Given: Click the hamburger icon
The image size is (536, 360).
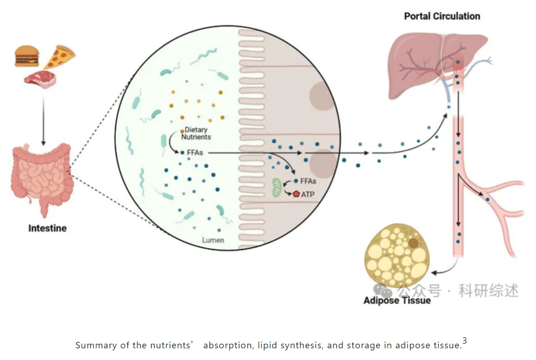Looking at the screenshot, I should pyautogui.click(x=26, y=56).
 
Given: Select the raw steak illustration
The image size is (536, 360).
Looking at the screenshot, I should pyautogui.click(x=39, y=80).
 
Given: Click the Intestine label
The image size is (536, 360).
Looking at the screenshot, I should pyautogui.click(x=47, y=228).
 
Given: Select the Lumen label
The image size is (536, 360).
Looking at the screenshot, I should pyautogui.click(x=214, y=240).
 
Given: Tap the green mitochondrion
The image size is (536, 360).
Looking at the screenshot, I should pyautogui.click(x=276, y=187).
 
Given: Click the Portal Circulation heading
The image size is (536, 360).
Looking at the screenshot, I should pyautogui.click(x=442, y=16).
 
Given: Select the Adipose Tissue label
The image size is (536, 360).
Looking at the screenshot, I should pyautogui.click(x=397, y=301).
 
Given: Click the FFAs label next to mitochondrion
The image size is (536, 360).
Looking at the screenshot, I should pyautogui.click(x=309, y=182).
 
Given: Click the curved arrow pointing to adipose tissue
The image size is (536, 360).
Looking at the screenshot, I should pyautogui.click(x=443, y=269).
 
